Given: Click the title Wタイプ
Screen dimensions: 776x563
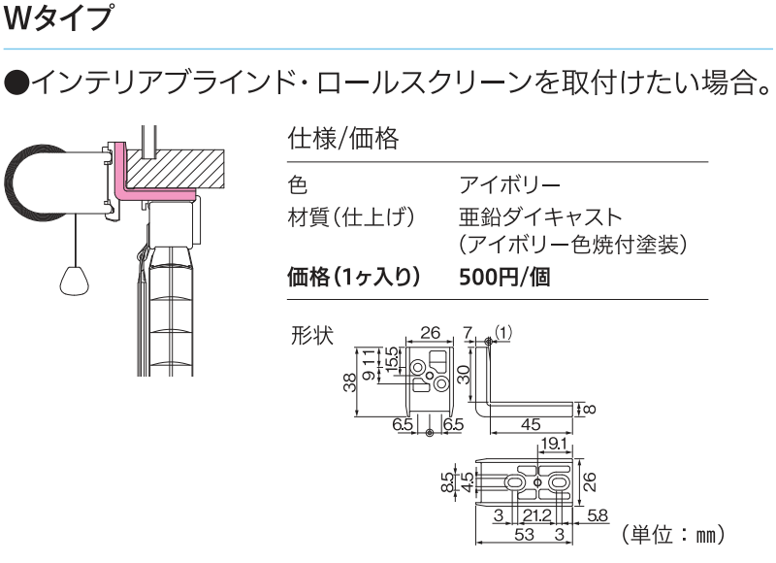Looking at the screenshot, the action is pyautogui.click(x=58, y=17).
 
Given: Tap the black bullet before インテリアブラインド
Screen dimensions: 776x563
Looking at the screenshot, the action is pyautogui.click(x=17, y=83).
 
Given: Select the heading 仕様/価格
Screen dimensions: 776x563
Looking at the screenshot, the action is pyautogui.click(x=343, y=139).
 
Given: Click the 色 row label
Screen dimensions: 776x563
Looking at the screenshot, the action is pyautogui.click(x=298, y=184).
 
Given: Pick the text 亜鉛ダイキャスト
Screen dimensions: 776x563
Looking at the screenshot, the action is pyautogui.click(x=540, y=216).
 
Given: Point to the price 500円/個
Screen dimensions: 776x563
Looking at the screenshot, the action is pyautogui.click(x=504, y=277).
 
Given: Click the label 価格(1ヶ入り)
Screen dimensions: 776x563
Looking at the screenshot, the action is pyautogui.click(x=354, y=277).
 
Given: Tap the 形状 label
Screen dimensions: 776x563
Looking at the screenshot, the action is pyautogui.click(x=312, y=336).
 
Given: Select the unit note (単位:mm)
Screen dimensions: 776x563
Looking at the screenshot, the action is pyautogui.click(x=672, y=534).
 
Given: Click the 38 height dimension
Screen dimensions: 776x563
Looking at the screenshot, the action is pyautogui.click(x=350, y=382).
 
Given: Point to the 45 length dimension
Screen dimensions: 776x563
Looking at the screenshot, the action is pyautogui.click(x=530, y=424).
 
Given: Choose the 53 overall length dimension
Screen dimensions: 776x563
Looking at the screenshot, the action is pyautogui.click(x=524, y=534).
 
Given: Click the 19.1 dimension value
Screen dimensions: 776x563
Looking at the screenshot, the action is pyautogui.click(x=553, y=444).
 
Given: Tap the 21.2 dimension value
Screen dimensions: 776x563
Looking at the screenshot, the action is pyautogui.click(x=537, y=516).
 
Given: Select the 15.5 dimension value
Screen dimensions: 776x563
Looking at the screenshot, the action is pyautogui.click(x=391, y=359).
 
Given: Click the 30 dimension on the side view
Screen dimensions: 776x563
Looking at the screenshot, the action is pyautogui.click(x=464, y=375).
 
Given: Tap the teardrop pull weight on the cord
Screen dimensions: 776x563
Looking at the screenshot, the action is pyautogui.click(x=76, y=281).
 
